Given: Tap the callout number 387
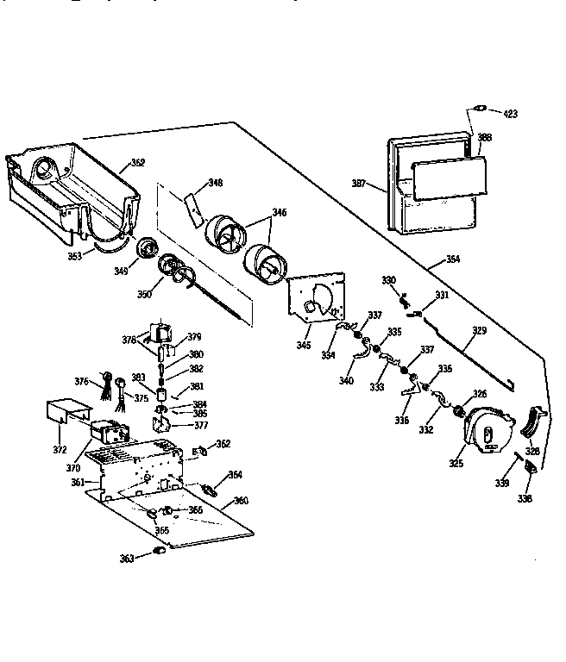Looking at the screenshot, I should [360, 184].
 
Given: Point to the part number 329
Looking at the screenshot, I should [479, 329].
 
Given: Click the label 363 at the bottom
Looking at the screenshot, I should [127, 559].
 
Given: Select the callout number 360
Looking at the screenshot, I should [242, 501].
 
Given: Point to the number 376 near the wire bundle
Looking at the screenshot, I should [82, 382].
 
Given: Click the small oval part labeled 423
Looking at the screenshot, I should [479, 109].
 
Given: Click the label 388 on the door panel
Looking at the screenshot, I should [485, 137].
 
